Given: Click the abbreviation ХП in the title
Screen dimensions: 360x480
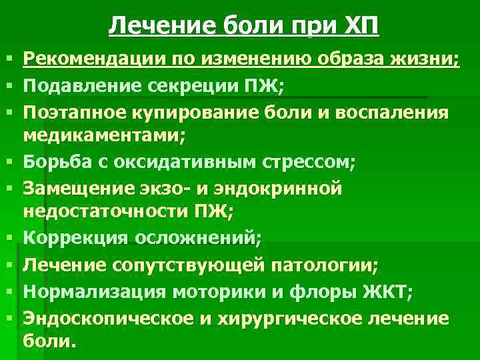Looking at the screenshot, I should point(363,27).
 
